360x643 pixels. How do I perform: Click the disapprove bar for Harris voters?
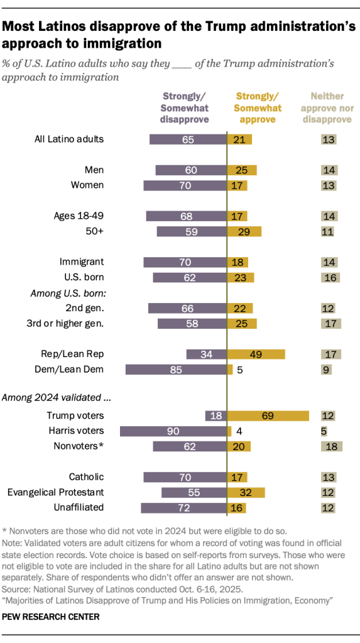pyautogui.click(x=173, y=431)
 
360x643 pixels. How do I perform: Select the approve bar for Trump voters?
pyautogui.click(x=268, y=415)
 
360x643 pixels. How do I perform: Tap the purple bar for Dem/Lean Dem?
pyautogui.click(x=176, y=370)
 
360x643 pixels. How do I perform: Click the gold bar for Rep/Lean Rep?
pyautogui.click(x=256, y=354)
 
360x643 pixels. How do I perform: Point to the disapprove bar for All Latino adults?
pyautogui.click(x=188, y=140)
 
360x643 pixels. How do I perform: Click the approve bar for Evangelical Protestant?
pyautogui.click(x=246, y=492)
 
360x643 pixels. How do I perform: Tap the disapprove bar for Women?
pyautogui.click(x=185, y=185)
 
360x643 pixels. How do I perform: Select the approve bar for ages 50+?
pyautogui.click(x=244, y=231)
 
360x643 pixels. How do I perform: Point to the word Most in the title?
pyautogui.click(x=24, y=27)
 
